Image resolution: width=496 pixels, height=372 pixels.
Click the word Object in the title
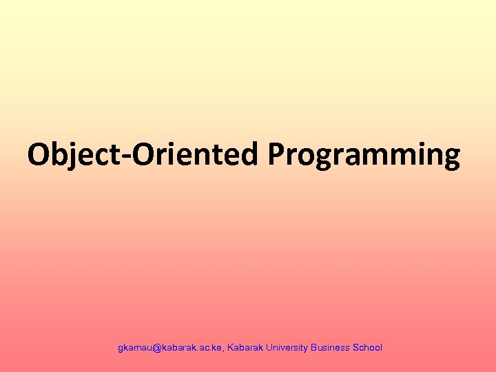coord(70,155)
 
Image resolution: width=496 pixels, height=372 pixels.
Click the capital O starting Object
coord(39,155)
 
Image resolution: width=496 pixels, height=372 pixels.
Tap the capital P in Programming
coord(277,155)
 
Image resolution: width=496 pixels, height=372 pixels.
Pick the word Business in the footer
coord(330,348)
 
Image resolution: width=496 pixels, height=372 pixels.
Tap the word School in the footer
coord(367,348)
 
